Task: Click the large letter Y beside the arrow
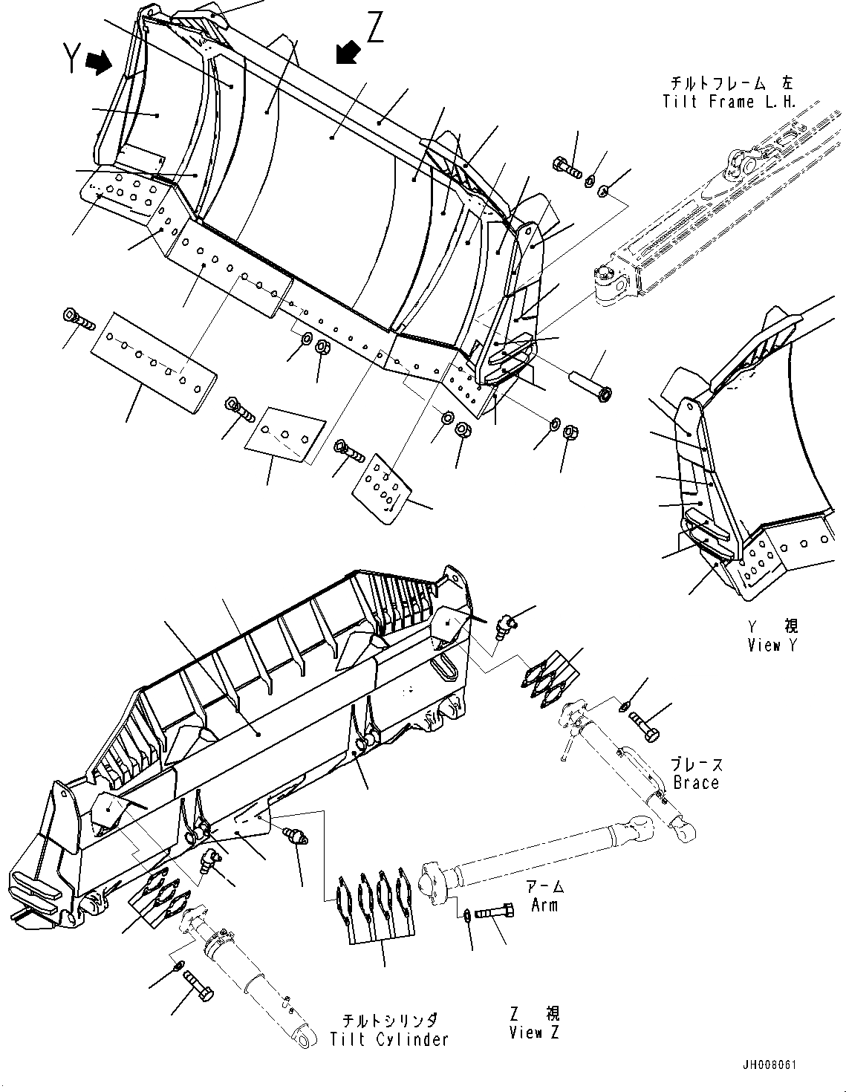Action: pos(71,58)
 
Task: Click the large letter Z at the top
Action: pos(375,30)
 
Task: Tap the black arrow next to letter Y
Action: pos(99,62)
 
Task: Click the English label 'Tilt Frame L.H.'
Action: pos(729,102)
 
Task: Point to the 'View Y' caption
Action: pos(773,645)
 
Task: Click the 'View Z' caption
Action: pos(534,1032)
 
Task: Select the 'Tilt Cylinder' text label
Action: pos(389,1039)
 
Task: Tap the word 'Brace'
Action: pos(696,782)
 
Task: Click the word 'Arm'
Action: pos(544,905)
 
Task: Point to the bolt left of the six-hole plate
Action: pos(79,321)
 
